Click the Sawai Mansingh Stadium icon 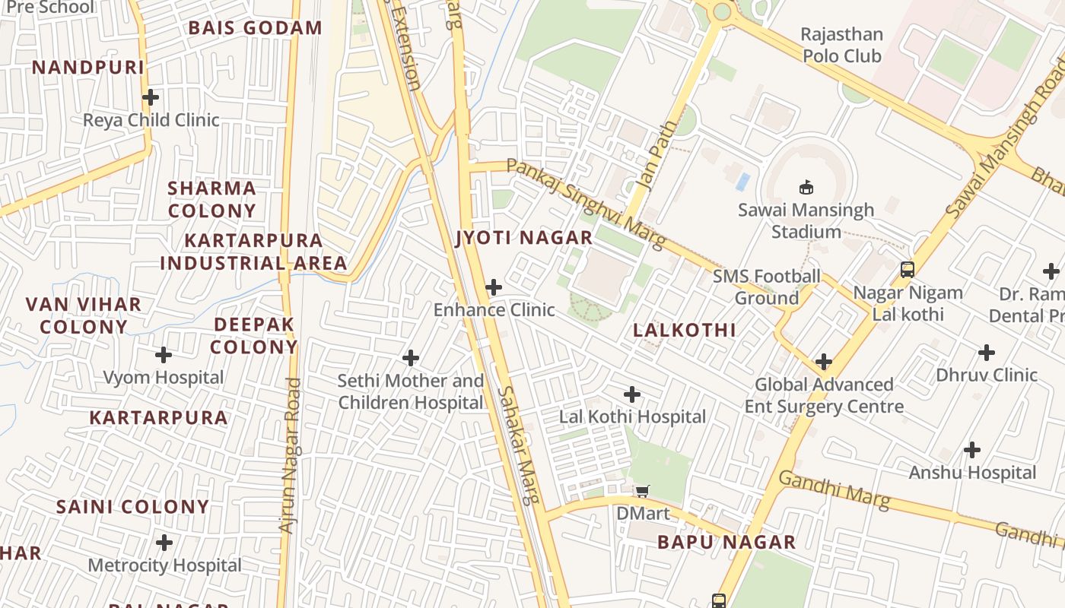coord(806,187)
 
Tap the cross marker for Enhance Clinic coord(494,287)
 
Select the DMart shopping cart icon coord(643,491)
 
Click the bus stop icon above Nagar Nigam coord(907,269)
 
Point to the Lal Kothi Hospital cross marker coord(632,394)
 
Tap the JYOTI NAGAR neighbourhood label coord(523,238)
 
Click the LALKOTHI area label coord(685,330)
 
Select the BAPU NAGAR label coord(726,542)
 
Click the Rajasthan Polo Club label coord(842,45)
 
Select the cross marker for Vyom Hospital coord(164,355)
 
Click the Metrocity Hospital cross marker coord(164,543)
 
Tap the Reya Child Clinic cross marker coord(151,97)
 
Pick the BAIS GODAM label coord(256,28)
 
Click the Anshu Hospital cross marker coord(972,450)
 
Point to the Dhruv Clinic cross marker coord(987,353)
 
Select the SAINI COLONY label coord(132,507)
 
